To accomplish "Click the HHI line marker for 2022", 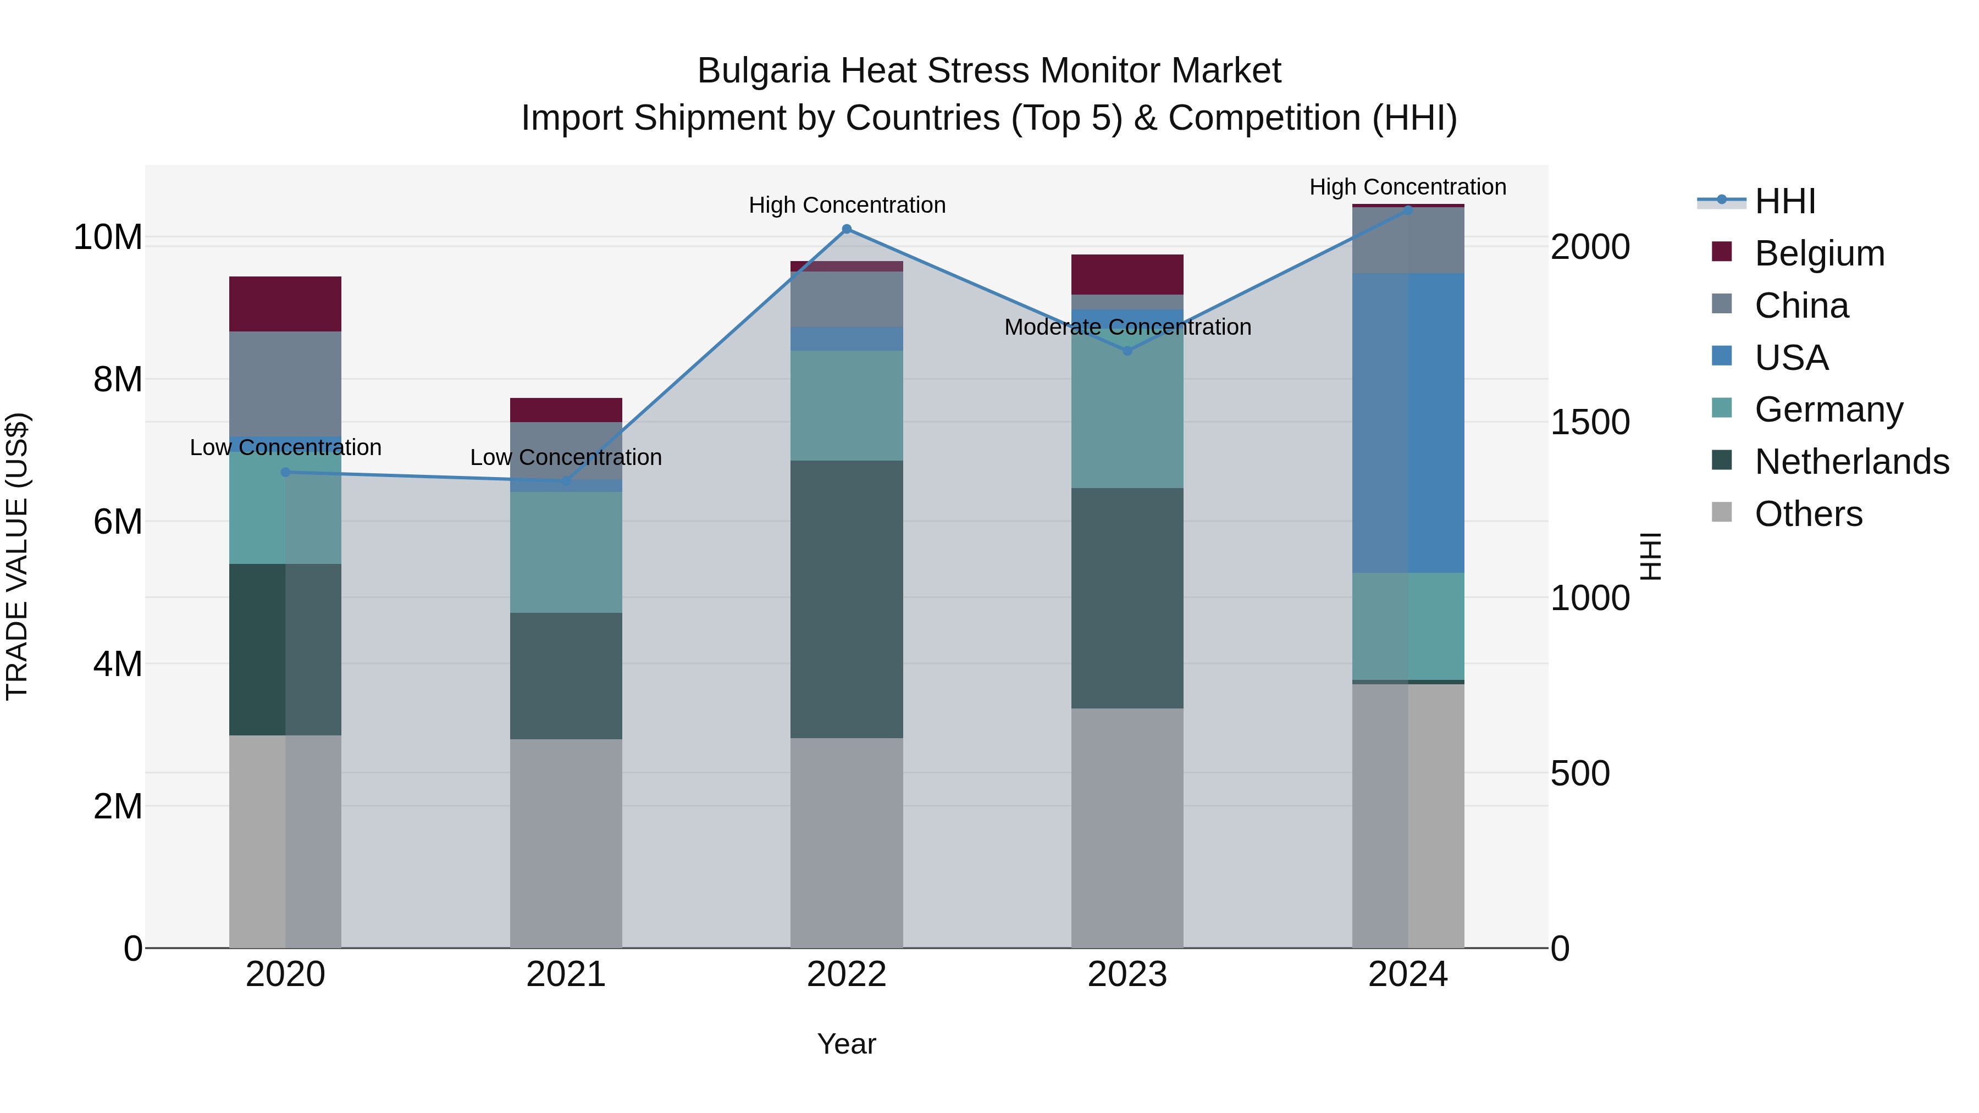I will pos(847,229).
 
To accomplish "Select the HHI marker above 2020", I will pos(286,472).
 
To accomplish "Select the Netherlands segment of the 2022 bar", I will pos(847,599).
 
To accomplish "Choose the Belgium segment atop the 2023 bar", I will pos(1127,274).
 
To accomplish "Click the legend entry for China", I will pos(1801,306).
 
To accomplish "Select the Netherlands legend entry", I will pos(1851,462).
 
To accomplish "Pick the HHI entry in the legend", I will pos(1784,201).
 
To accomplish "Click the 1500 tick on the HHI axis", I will pos(1589,423).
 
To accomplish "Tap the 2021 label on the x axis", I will pos(566,974).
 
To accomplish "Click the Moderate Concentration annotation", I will pos(1127,327).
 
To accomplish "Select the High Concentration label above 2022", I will pos(847,205).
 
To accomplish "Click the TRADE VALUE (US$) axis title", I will pos(17,556).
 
